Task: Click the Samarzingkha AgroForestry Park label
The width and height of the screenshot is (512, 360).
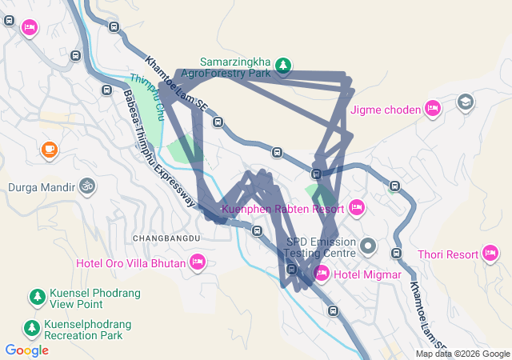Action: tap(236, 67)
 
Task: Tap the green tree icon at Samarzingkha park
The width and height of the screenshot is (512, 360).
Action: tap(282, 64)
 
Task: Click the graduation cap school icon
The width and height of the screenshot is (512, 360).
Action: tap(465, 102)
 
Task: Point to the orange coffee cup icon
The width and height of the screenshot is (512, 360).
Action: tap(50, 150)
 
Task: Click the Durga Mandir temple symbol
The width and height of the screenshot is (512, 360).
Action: tap(86, 187)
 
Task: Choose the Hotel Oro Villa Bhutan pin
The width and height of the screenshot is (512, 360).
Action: tap(198, 262)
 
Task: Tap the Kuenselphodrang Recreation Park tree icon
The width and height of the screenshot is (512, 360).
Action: tap(32, 328)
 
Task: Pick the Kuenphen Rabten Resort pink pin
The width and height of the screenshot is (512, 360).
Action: tap(357, 208)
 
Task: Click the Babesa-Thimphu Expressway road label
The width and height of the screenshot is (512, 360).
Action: tap(158, 147)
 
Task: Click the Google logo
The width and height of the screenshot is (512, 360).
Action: tap(26, 350)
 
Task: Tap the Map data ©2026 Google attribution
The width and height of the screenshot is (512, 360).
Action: tap(462, 354)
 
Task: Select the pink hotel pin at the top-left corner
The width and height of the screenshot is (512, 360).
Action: tap(30, 29)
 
